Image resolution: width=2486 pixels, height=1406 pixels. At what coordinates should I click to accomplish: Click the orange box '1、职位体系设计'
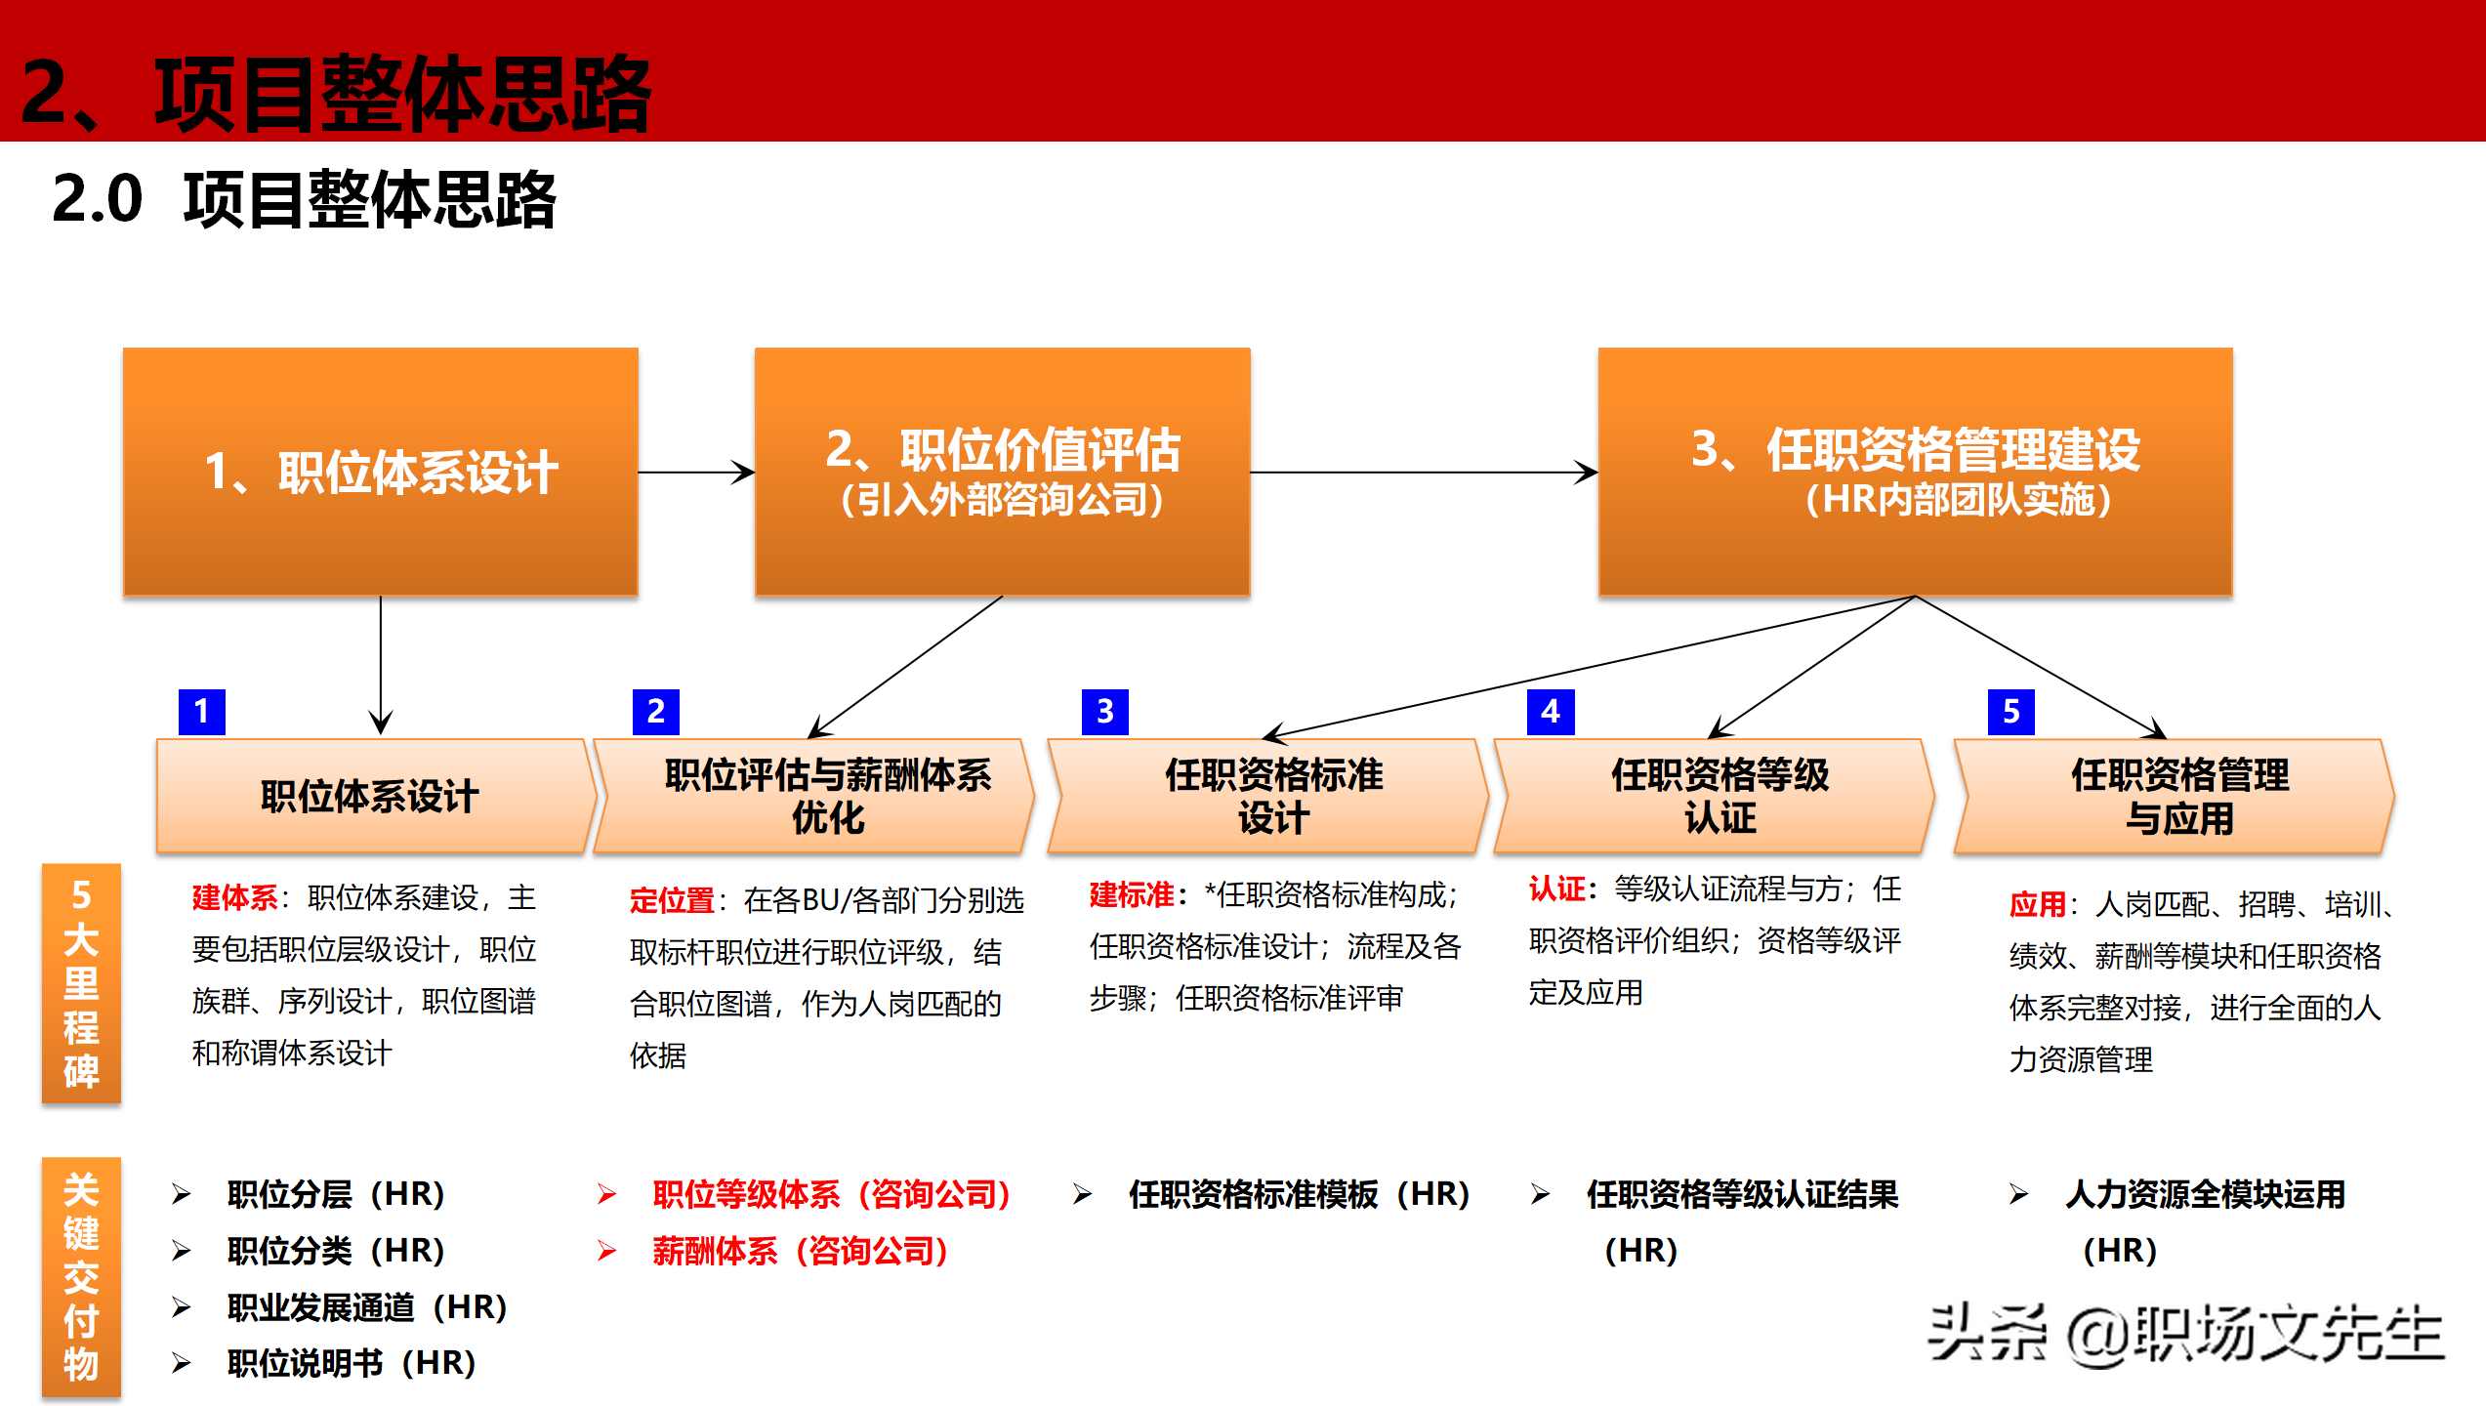coord(381,472)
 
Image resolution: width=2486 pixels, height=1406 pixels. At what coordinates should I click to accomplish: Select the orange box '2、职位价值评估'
coord(1003,472)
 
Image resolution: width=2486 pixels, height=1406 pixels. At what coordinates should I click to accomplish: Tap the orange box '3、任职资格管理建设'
coord(1915,472)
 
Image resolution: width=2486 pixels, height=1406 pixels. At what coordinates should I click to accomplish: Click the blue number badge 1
coord(202,711)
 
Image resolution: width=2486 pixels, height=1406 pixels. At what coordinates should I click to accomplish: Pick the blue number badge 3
coord(1104,711)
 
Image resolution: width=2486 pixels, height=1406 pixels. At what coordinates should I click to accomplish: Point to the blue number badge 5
coord(2010,711)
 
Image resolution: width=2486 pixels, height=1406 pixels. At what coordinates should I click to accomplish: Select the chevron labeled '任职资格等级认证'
coord(1718,796)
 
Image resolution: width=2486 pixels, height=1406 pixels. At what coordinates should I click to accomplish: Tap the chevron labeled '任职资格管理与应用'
coord(2177,796)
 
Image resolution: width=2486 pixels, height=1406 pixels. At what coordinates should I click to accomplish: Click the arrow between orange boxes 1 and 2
coord(696,473)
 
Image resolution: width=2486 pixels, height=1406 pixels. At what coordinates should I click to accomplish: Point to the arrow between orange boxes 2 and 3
coord(1424,473)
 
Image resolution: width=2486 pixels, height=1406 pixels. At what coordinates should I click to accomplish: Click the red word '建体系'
coord(234,897)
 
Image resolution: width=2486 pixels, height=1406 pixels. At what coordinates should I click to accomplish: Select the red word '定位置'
coord(672,900)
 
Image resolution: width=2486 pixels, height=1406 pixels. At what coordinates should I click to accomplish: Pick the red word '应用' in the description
coord(2037,904)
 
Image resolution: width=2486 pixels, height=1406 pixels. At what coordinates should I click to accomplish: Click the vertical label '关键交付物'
coord(81,1276)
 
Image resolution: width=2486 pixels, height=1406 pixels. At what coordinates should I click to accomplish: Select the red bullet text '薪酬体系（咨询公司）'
coord(800,1251)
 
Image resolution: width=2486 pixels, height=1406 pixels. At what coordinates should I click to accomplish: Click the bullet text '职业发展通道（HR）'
coord(366,1306)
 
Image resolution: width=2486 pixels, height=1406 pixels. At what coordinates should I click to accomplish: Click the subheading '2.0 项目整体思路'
coord(303,199)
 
